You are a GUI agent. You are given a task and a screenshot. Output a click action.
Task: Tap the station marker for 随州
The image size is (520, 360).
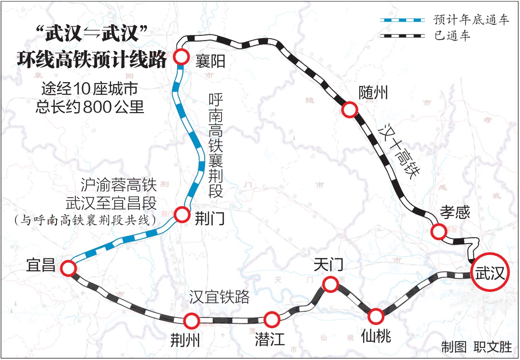(x=349, y=110)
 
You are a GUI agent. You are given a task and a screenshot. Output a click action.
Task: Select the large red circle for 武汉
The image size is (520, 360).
(x=490, y=274)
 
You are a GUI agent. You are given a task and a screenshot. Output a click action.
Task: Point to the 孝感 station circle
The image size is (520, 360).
(x=438, y=231)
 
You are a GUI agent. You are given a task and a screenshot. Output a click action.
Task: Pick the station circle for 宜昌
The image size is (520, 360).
(x=68, y=268)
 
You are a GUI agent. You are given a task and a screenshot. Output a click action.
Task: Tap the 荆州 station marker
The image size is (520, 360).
(x=191, y=320)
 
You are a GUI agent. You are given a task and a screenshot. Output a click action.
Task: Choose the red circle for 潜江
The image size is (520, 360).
(x=272, y=319)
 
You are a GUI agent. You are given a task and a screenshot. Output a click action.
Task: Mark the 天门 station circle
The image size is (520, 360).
(x=330, y=284)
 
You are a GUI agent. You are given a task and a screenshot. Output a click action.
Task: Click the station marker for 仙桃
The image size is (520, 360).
(x=376, y=317)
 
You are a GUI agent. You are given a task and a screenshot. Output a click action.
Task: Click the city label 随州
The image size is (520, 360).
(x=373, y=92)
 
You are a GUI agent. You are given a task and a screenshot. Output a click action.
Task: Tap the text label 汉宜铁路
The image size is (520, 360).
(x=219, y=297)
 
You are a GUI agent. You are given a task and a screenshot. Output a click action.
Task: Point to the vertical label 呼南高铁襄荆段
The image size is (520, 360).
(x=215, y=145)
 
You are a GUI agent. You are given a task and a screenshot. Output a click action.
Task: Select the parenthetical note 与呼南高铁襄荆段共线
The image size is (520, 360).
(x=85, y=220)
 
